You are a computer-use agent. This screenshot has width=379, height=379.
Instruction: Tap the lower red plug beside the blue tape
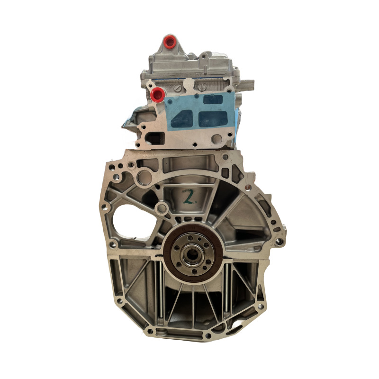pos(157,94)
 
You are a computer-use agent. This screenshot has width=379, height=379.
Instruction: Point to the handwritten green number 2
pos(189,196)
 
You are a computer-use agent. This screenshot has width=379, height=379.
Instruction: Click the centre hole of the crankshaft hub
pos(192,253)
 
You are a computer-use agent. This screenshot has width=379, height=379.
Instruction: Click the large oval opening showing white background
pos(134,222)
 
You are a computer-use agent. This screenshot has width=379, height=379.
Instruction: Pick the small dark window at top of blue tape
pos(213,99)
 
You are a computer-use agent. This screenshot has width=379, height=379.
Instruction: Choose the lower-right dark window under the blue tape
pos(213,119)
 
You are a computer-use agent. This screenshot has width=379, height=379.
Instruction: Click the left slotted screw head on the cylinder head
pos(177,88)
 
